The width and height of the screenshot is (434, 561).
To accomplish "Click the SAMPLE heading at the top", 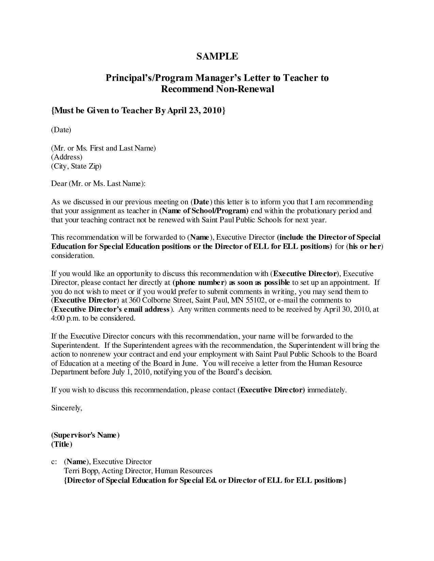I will [217, 56].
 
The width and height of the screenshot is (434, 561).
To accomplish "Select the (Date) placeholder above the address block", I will [61, 130].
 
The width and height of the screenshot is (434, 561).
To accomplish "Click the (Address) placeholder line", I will [67, 157].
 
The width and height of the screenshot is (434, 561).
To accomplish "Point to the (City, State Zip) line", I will [76, 166].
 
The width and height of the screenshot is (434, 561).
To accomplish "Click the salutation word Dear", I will [59, 184].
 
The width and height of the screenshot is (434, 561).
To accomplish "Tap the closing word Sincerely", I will [67, 408].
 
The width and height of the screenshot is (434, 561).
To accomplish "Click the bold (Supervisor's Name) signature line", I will [85, 435].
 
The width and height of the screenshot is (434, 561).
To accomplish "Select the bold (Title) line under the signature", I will [62, 444].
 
